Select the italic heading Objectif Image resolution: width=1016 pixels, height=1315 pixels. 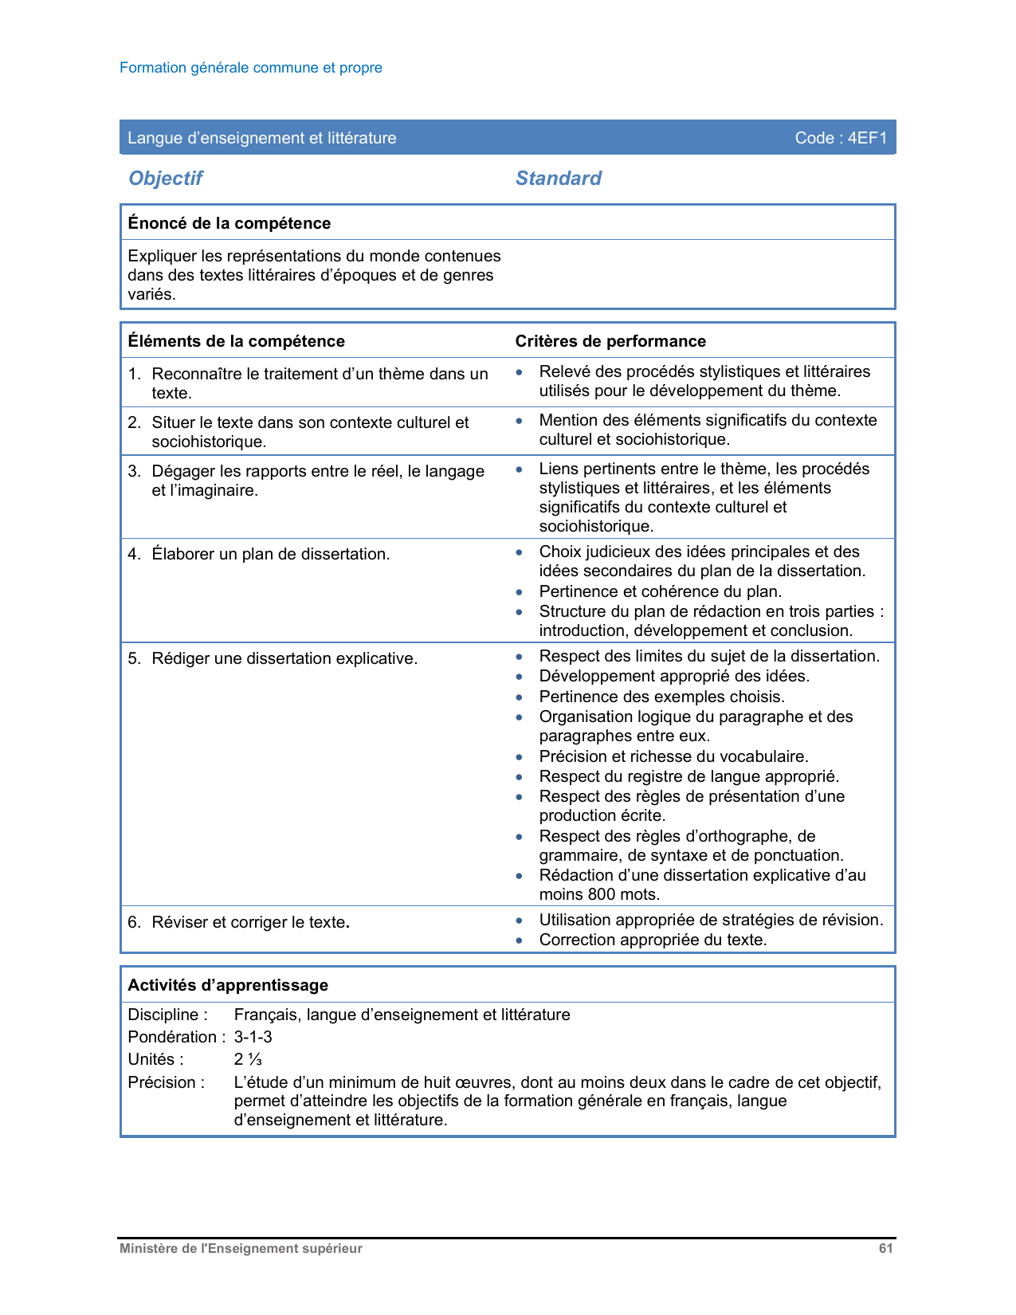166,179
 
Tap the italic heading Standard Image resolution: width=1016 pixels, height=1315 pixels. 558,179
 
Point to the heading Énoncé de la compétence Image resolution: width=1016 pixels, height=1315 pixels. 229,223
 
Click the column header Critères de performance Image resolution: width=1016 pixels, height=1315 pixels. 610,341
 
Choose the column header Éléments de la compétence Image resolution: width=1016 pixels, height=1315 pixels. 236,341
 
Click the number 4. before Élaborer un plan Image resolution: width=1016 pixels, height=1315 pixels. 134,554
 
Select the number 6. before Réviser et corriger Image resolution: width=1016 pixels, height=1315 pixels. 134,922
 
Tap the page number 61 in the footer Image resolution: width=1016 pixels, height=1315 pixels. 885,1249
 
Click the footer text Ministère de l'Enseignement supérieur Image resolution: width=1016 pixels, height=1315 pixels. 241,1249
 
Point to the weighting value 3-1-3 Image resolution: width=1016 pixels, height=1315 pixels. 253,1037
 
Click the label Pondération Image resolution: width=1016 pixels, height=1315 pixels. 171,1037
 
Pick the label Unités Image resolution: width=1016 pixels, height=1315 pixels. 155,1059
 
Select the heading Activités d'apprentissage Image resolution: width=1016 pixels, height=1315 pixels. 228,985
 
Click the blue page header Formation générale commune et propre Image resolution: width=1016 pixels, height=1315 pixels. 250,68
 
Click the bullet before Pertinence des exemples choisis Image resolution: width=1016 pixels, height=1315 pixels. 520,697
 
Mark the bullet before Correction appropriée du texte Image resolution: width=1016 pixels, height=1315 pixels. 520,940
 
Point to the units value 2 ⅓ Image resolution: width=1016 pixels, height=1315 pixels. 248,1059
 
